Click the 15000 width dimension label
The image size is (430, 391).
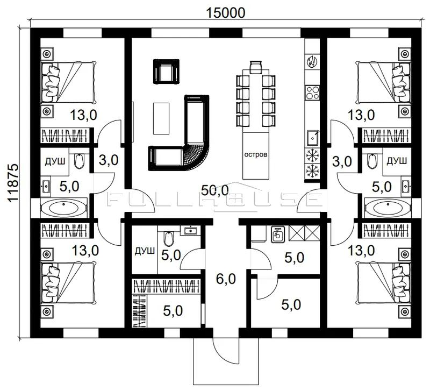[x=225, y=12]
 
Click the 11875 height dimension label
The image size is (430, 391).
[x=13, y=183]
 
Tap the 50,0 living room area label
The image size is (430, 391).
[x=214, y=190]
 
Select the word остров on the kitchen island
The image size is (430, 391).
[x=256, y=154]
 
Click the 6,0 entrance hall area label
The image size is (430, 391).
[x=225, y=279]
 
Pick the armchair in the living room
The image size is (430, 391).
[x=166, y=71]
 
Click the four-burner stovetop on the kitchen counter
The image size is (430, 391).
[x=313, y=93]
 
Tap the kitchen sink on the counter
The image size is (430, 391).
[x=312, y=138]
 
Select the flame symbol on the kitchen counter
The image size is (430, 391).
[x=312, y=61]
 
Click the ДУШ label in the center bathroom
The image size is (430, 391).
[x=145, y=251]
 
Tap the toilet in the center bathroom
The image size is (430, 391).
[x=169, y=238]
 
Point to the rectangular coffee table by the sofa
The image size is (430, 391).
[x=161, y=118]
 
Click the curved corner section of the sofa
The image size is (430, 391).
[x=197, y=157]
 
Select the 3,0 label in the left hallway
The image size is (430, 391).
[x=109, y=160]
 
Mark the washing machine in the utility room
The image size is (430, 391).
[x=278, y=234]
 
